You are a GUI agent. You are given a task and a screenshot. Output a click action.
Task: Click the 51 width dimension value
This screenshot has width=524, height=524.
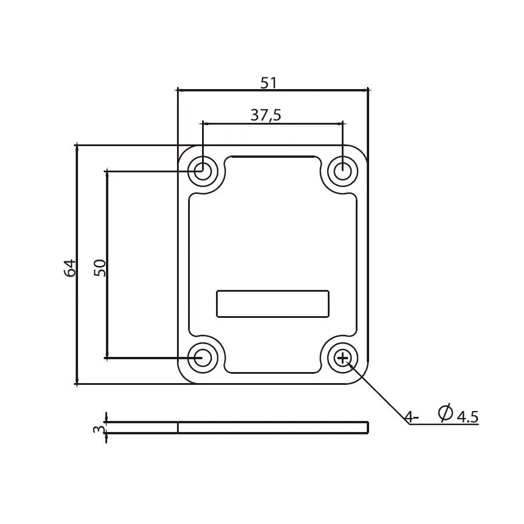(268, 83)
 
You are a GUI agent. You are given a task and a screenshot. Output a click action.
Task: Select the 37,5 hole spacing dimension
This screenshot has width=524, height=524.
(266, 115)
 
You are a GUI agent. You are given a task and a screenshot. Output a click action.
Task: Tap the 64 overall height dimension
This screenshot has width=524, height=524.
(70, 268)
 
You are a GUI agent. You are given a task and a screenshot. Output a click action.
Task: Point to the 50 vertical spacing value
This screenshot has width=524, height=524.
(100, 268)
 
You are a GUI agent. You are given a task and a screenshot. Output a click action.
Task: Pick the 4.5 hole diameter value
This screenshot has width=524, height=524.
(468, 417)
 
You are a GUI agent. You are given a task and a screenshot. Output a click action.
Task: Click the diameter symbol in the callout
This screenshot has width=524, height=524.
(445, 413)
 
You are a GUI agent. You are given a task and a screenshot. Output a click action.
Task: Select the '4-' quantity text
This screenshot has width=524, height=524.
(412, 417)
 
